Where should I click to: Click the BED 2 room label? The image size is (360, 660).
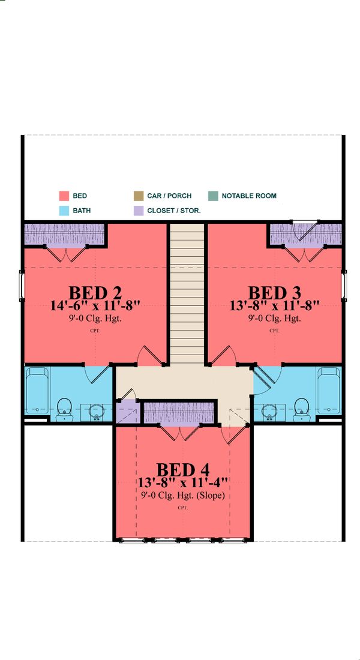tap(95, 293)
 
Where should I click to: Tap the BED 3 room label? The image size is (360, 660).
tap(275, 293)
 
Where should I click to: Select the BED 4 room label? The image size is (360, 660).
tap(182, 469)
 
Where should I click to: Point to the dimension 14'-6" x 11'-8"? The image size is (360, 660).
tap(95, 305)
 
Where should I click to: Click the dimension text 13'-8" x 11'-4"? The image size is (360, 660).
tap(182, 482)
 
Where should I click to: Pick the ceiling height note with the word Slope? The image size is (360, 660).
tap(182, 496)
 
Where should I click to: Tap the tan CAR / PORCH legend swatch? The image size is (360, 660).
tap(138, 196)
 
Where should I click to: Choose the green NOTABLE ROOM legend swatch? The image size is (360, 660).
tap(213, 196)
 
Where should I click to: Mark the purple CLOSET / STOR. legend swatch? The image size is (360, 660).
tap(138, 211)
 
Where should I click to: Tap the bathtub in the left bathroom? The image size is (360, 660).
tap(37, 390)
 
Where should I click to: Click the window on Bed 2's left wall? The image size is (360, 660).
tap(23, 286)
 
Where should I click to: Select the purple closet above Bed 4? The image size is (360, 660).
tap(179, 413)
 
